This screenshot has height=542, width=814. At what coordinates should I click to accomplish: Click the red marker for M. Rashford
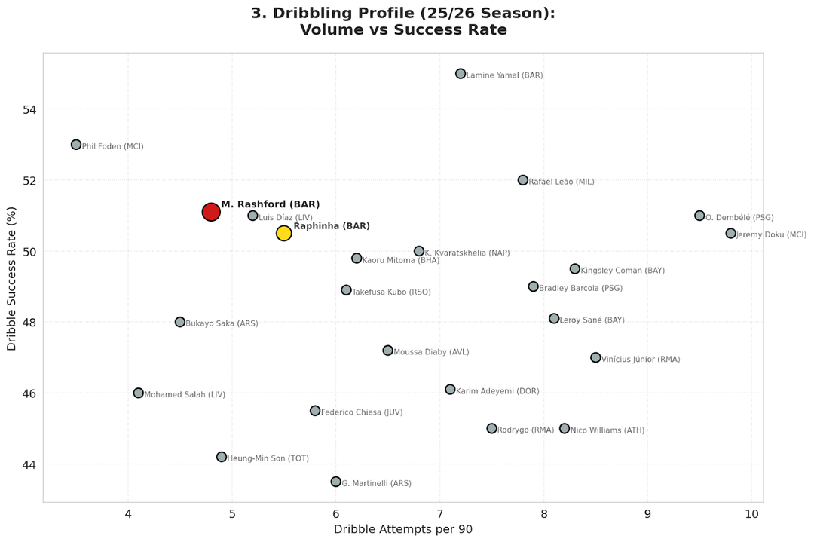click(x=211, y=212)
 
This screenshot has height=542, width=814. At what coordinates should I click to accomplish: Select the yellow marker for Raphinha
click(x=283, y=233)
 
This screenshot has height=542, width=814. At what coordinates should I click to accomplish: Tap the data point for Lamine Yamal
click(x=461, y=74)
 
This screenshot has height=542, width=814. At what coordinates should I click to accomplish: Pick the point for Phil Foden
click(x=76, y=145)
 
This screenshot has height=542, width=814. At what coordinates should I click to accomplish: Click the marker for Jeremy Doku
click(x=730, y=234)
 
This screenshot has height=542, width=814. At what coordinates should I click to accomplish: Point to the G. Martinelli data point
click(x=336, y=482)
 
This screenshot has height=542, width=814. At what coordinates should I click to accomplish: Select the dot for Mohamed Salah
click(x=139, y=393)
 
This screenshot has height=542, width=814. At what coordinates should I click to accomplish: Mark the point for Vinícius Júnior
click(x=595, y=357)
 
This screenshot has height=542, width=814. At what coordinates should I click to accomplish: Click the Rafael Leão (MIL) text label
click(x=562, y=182)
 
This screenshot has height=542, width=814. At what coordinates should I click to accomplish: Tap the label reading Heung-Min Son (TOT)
click(x=268, y=458)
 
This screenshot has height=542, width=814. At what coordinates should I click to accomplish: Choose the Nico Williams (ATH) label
click(x=607, y=430)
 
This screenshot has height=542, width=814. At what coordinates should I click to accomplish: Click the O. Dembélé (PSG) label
click(x=739, y=218)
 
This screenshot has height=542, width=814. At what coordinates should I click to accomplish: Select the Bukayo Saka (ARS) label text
click(x=222, y=323)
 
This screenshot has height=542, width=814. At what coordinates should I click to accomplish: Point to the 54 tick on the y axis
click(x=28, y=110)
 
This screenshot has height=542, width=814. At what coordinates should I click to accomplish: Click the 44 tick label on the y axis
click(x=28, y=464)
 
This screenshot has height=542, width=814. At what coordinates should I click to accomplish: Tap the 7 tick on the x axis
click(x=440, y=514)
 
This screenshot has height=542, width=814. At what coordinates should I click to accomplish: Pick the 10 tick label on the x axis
click(x=751, y=514)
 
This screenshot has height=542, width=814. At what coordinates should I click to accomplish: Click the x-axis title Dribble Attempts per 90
click(x=403, y=529)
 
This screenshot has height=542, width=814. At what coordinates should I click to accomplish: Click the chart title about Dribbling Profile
click(x=403, y=22)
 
